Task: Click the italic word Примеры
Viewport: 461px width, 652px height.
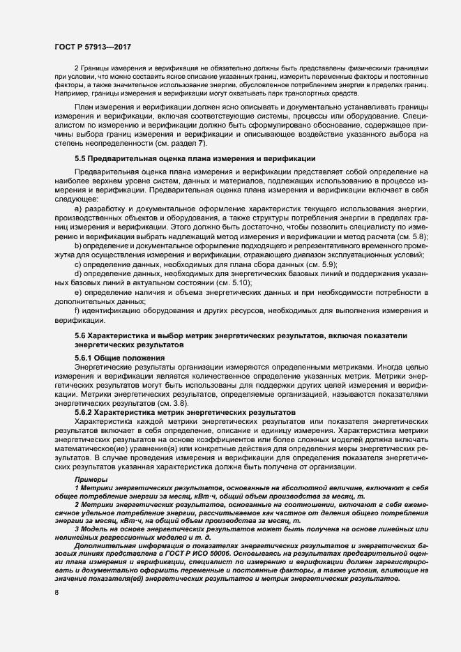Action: click(x=91, y=480)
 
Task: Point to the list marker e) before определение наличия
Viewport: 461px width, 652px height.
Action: click(x=77, y=293)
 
